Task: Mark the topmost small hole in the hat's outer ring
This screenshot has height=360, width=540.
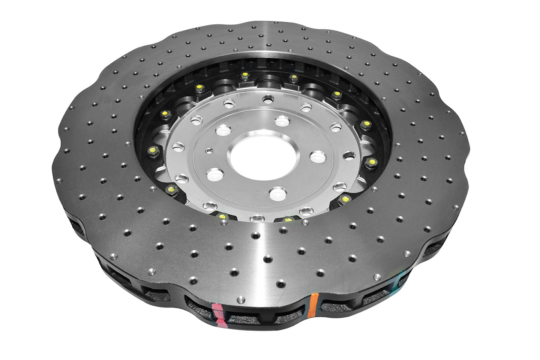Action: (x=267, y=100)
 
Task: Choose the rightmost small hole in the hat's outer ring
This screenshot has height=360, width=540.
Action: (x=349, y=154)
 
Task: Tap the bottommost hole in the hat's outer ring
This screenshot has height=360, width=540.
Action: (x=257, y=218)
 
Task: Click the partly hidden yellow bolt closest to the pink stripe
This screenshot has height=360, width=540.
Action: (x=222, y=217)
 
